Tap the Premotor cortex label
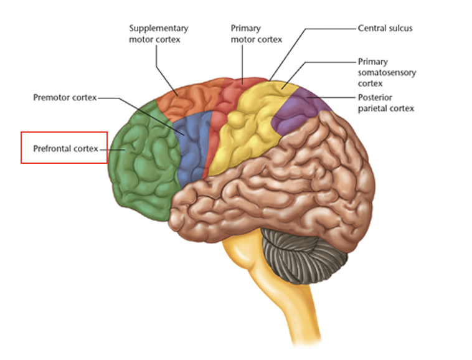pos(65,98)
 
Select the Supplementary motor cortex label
pos(158,34)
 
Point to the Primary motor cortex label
pos(256,34)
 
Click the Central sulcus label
pos(385,29)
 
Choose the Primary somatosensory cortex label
pos(387,72)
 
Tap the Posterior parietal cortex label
pos(386,103)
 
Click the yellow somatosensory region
pos(249,131)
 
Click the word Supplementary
pos(158,29)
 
